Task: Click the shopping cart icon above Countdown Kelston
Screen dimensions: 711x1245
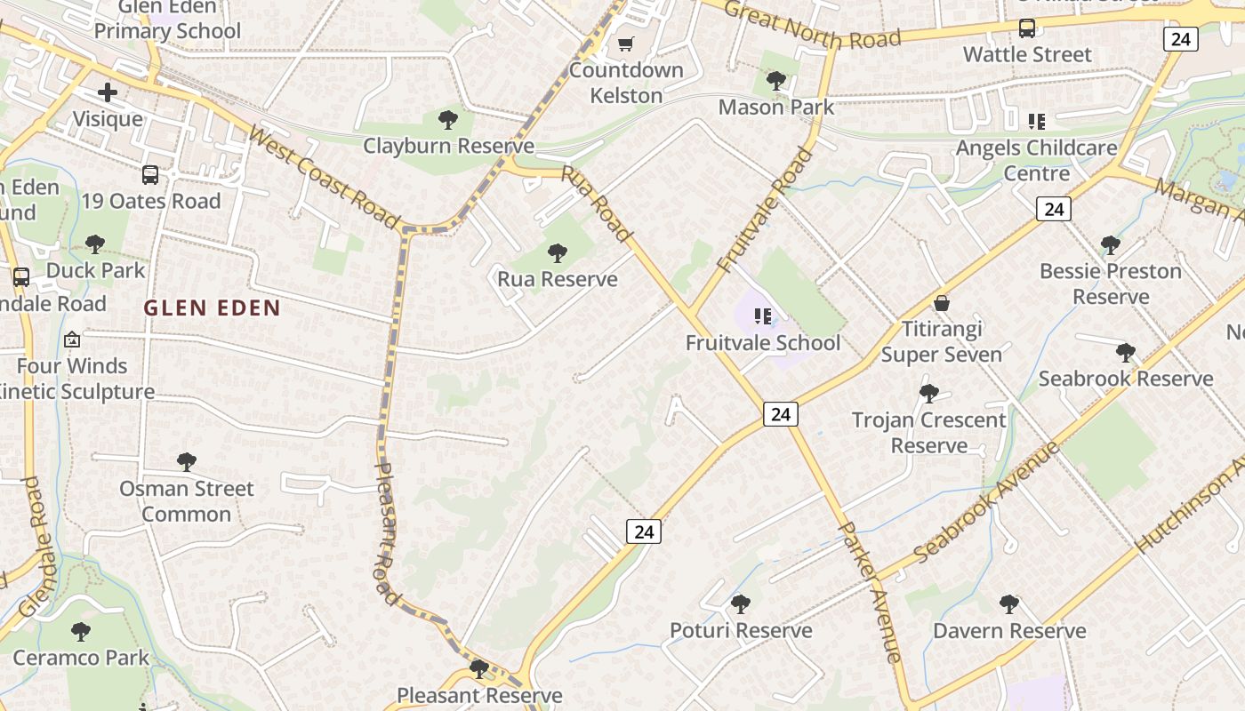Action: point(626,44)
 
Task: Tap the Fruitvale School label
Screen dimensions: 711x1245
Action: point(762,343)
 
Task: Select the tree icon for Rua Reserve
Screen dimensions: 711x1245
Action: point(558,253)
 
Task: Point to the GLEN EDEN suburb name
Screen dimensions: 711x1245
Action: point(212,308)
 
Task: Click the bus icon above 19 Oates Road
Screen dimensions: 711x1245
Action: point(150,175)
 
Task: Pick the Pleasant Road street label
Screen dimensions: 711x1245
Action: point(384,533)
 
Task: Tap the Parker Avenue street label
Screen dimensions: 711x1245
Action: point(871,592)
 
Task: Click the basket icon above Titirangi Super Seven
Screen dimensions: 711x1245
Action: point(942,303)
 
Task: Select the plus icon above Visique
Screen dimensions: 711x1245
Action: point(108,92)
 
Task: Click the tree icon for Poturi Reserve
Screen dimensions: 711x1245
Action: point(740,604)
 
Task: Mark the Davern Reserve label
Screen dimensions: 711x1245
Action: point(1009,631)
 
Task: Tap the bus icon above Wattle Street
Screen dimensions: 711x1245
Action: point(1027,28)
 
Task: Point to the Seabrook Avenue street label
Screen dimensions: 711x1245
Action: point(987,500)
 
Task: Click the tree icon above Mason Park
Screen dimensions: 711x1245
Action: point(776,81)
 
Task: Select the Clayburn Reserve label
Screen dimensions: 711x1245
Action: point(448,146)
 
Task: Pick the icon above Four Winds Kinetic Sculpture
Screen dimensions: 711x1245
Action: point(72,340)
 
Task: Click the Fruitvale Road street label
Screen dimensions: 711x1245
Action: point(764,210)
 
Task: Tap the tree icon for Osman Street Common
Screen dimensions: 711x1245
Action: point(186,462)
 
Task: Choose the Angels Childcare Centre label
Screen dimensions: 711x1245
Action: point(1036,160)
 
